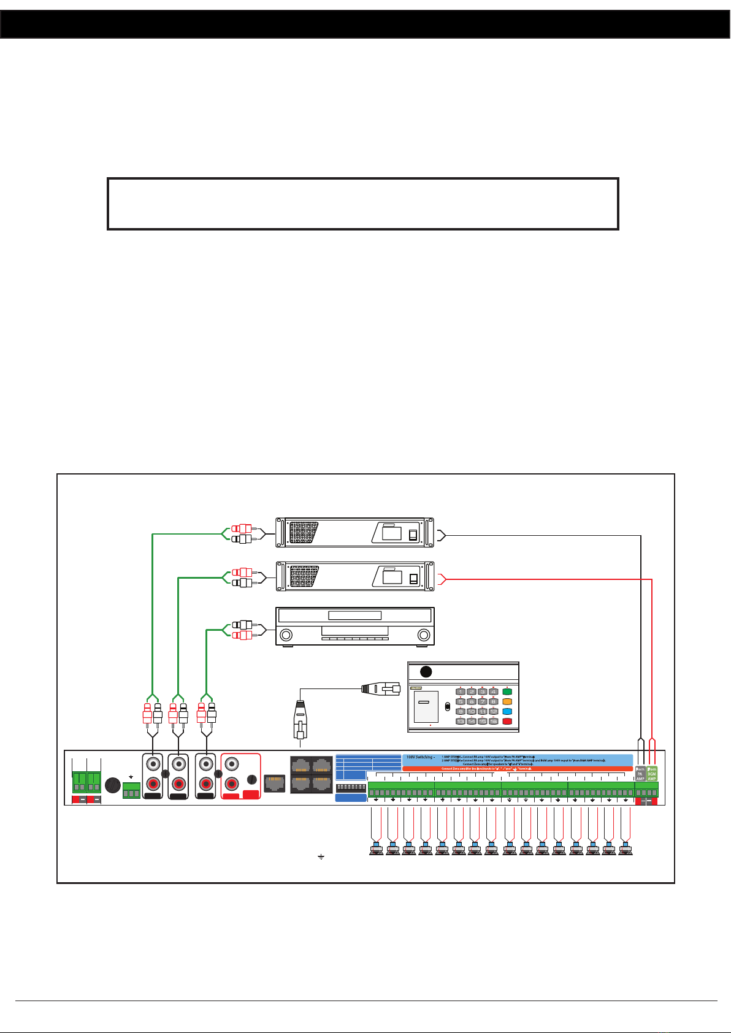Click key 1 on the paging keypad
click(461, 692)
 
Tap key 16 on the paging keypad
click(493, 722)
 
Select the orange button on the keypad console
click(507, 701)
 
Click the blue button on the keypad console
click(507, 712)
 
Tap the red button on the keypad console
click(507, 722)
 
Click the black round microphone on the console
click(426, 672)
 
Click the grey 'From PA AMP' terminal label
click(640, 774)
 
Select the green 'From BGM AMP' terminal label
click(652, 774)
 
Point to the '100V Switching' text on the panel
click(420, 757)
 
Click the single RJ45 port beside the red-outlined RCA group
click(274, 783)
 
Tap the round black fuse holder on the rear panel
click(112, 785)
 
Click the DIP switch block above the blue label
click(351, 787)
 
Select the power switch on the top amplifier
click(413, 535)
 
